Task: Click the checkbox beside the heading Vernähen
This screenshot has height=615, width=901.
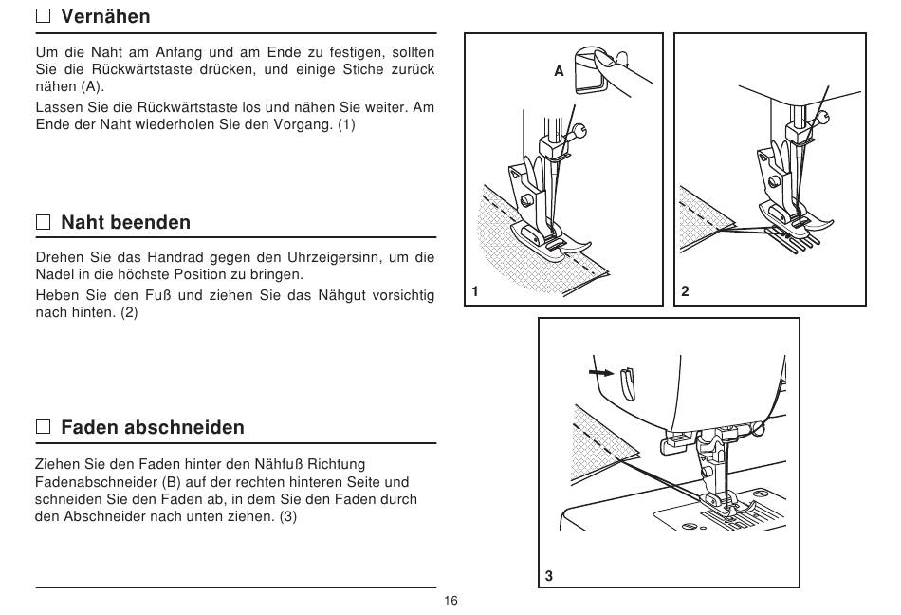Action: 43,15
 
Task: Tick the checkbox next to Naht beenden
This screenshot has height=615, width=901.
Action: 43,222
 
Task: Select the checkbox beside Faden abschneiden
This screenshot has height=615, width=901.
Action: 43,426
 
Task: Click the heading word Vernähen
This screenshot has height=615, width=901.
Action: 105,16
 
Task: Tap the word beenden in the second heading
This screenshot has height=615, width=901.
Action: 154,222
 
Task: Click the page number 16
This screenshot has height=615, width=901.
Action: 451,601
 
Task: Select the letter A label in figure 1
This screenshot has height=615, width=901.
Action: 560,71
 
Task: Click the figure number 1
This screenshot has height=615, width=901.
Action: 475,291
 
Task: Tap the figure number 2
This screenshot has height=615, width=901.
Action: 685,291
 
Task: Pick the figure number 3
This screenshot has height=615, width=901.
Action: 549,576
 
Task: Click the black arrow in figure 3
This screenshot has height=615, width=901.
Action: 601,372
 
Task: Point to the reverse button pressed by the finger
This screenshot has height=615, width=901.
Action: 591,72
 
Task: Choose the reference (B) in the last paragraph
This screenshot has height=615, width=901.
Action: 172,481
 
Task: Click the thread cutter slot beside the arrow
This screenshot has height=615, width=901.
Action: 627,383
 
